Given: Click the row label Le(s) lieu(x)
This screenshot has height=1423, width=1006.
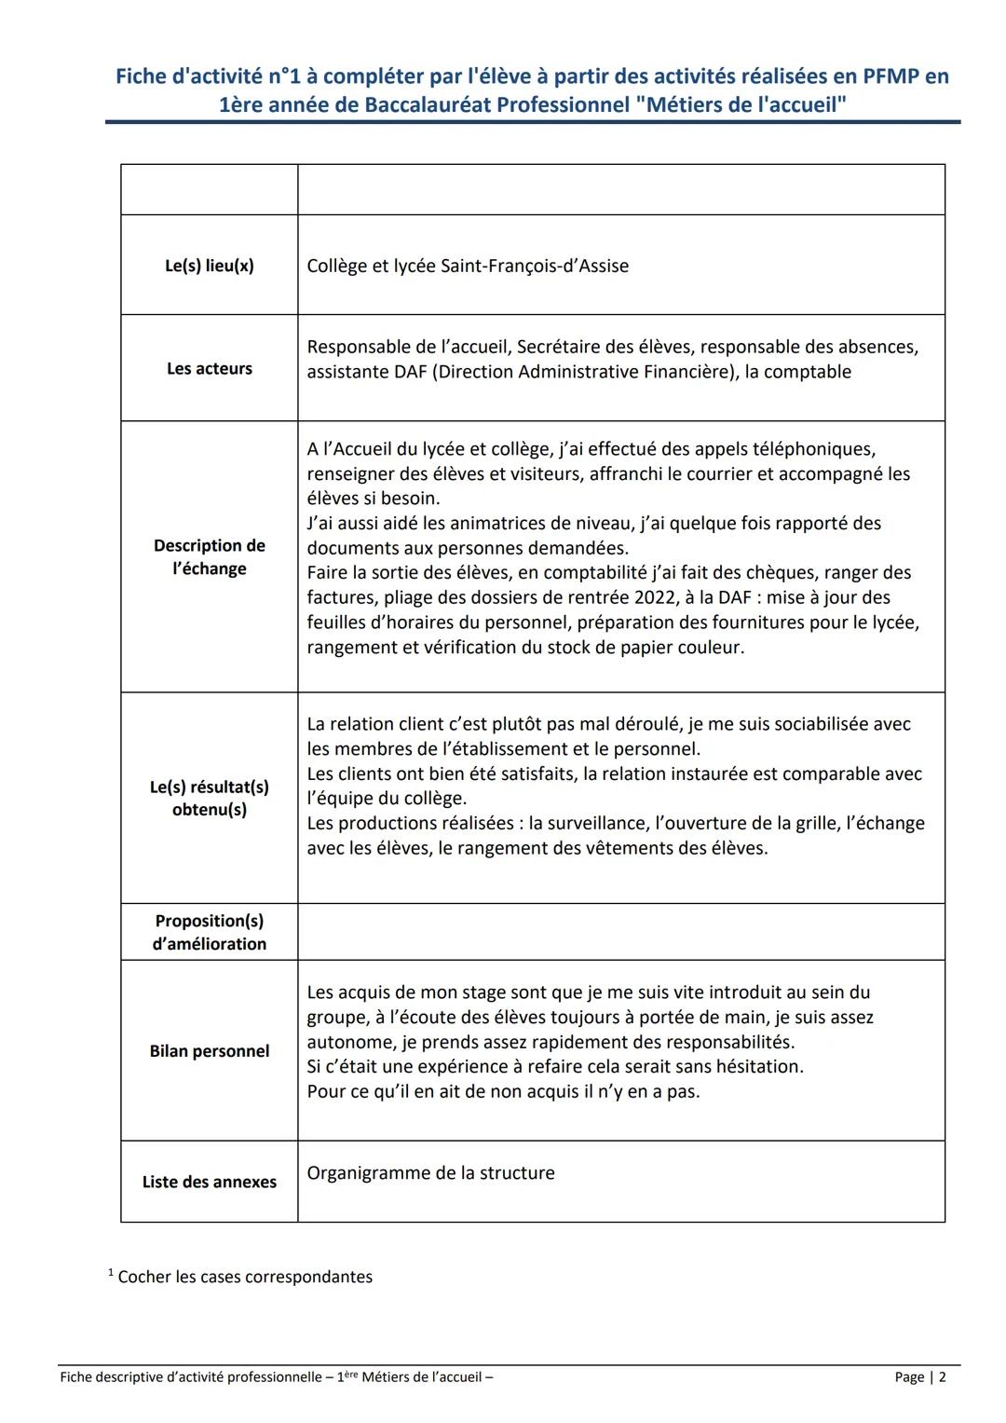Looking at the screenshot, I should [x=209, y=266].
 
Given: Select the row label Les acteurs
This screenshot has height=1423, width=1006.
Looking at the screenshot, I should [x=209, y=369].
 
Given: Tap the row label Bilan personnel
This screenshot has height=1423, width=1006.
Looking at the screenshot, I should [x=209, y=1051].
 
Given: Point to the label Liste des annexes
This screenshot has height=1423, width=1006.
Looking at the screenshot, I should [x=209, y=1182].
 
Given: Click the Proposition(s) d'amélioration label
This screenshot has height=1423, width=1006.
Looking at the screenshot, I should [x=209, y=932].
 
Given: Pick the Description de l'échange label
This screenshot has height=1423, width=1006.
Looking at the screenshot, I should [x=209, y=557].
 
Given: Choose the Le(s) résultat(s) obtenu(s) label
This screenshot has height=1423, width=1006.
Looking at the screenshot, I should [x=209, y=799].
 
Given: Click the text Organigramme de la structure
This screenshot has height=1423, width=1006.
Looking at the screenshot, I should [x=430, y=1173].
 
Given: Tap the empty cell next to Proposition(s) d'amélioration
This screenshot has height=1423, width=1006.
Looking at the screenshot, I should [x=620, y=932].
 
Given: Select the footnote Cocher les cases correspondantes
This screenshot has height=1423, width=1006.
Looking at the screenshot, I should [x=244, y=1278].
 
